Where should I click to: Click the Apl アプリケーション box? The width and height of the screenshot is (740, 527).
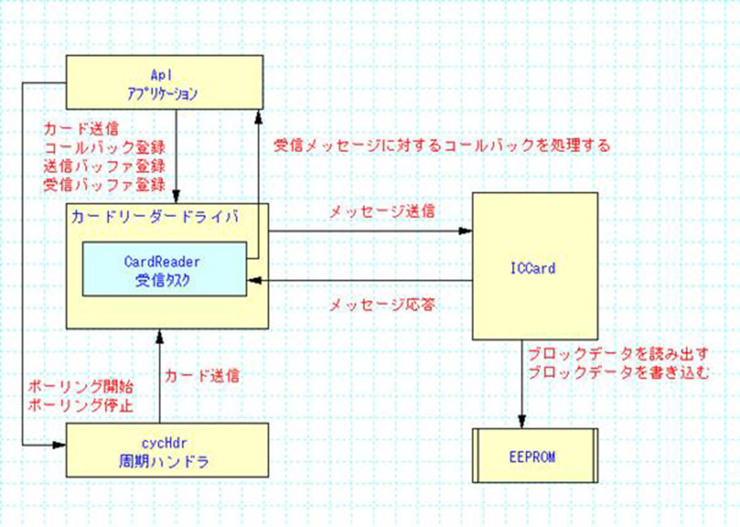coord(165,83)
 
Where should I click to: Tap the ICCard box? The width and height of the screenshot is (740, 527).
coord(535,266)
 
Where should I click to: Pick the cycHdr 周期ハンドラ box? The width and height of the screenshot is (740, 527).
coord(167,450)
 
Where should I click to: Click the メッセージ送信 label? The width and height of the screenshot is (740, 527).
coord(382,211)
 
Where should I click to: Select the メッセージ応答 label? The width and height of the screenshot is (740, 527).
coord(382,304)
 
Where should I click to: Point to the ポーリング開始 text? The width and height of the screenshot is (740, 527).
coord(81,388)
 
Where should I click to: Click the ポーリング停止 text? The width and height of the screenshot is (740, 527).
coord(81,406)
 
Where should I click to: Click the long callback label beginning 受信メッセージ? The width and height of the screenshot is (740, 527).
coord(442,146)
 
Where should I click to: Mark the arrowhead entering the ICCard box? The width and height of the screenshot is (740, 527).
coord(467,232)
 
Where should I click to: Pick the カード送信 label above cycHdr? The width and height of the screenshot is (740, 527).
coord(201,376)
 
